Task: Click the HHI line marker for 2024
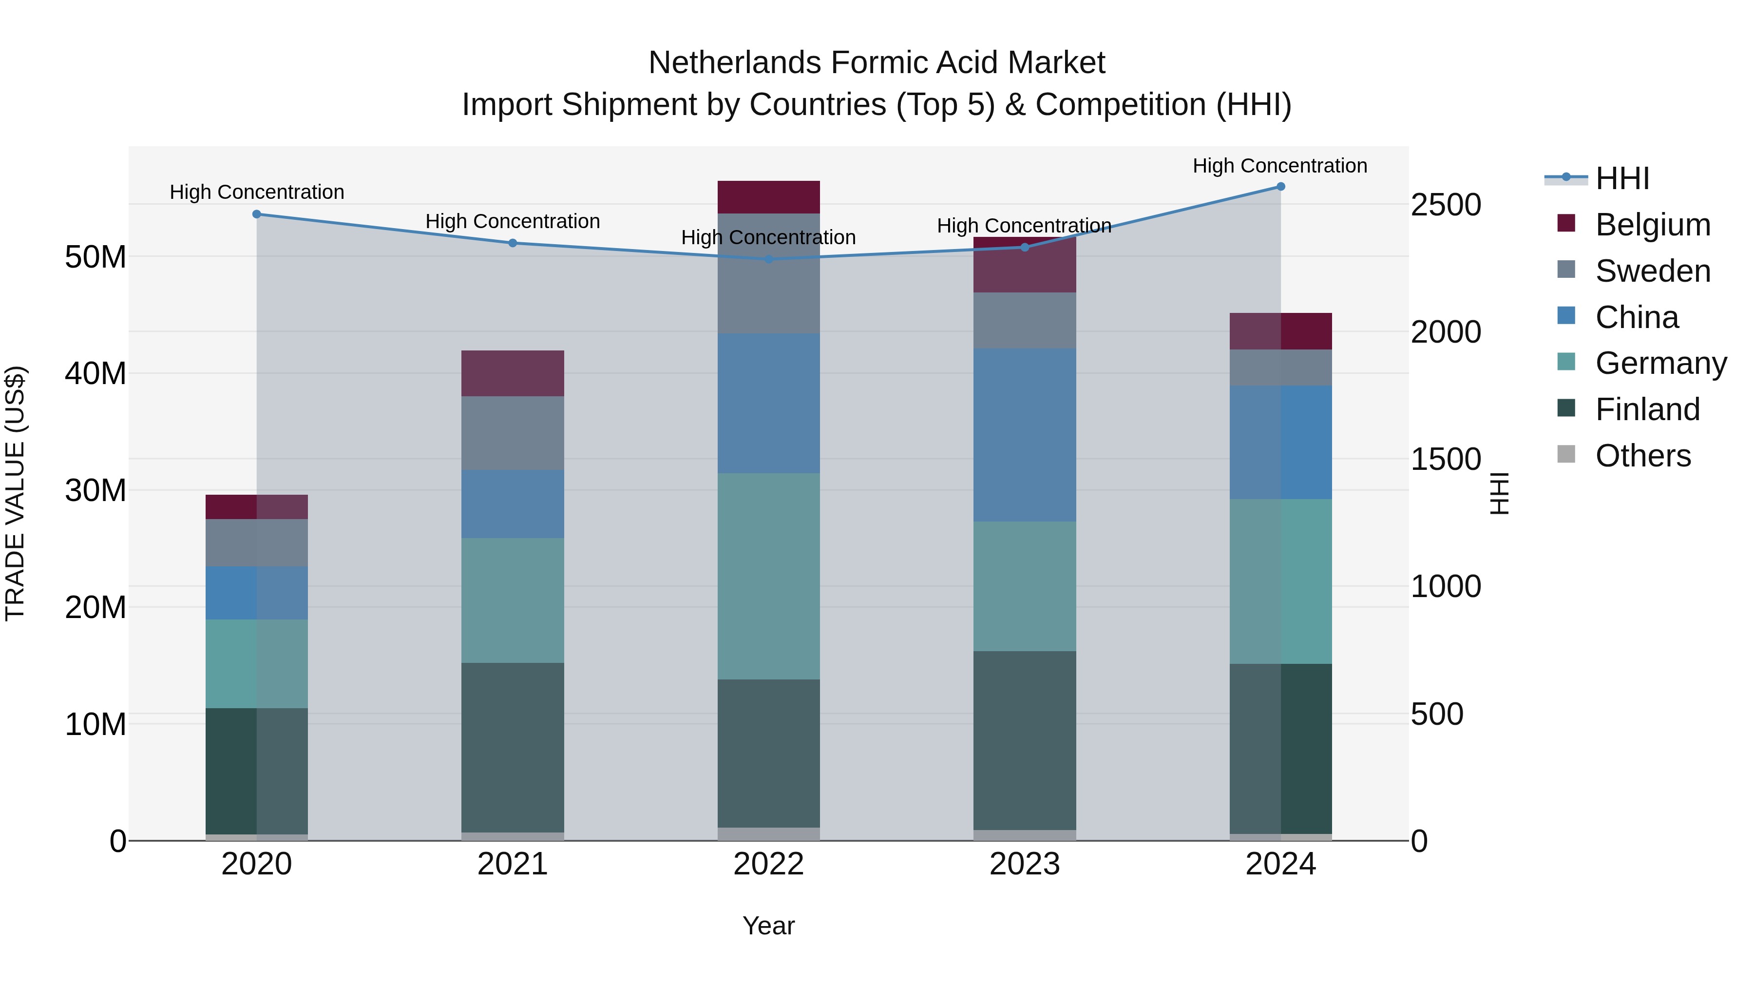pyautogui.click(x=1280, y=187)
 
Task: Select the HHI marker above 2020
pyautogui.click(x=257, y=214)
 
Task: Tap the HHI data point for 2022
pyautogui.click(x=769, y=259)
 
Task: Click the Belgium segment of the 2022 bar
pyautogui.click(x=769, y=197)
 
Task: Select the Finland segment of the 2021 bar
pyautogui.click(x=513, y=747)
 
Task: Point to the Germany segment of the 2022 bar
pyautogui.click(x=769, y=576)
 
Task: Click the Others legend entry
pyautogui.click(x=1642, y=456)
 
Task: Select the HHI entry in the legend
pyautogui.click(x=1622, y=178)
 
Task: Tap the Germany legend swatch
pyautogui.click(x=1566, y=362)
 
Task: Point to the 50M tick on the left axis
pyautogui.click(x=95, y=257)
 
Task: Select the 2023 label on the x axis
pyautogui.click(x=1024, y=864)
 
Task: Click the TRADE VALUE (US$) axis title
pyautogui.click(x=16, y=493)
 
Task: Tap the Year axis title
pyautogui.click(x=769, y=926)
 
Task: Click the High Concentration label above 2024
pyautogui.click(x=1279, y=166)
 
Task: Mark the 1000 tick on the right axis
pyautogui.click(x=1446, y=586)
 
